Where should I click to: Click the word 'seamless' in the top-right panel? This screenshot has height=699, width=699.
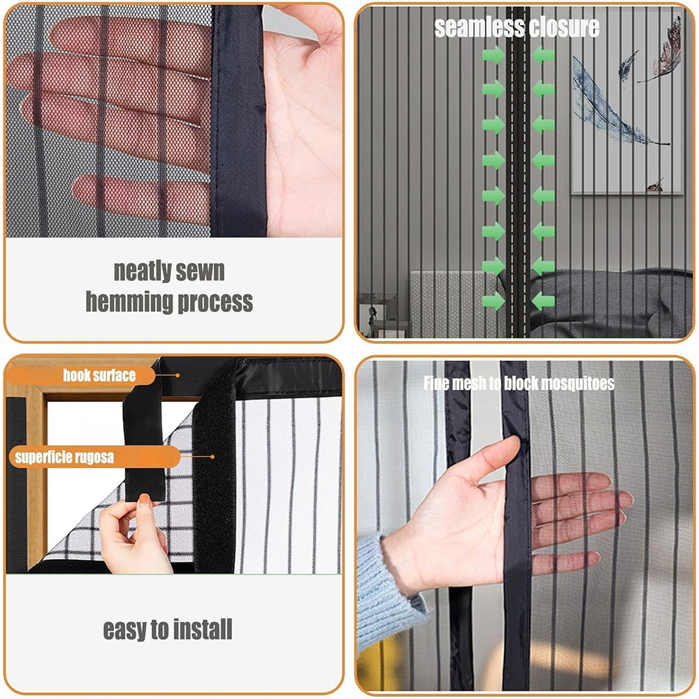point(474,28)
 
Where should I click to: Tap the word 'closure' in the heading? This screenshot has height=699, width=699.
point(559,28)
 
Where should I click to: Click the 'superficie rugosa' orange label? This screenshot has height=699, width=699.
point(94,457)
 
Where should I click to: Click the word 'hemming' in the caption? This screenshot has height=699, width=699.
point(129,302)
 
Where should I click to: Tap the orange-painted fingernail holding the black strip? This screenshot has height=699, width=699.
point(144,499)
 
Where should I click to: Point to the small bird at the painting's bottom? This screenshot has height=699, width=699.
point(655,185)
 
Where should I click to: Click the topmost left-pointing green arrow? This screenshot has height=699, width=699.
point(543,55)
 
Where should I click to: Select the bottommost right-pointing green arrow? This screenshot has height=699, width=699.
point(493,301)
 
